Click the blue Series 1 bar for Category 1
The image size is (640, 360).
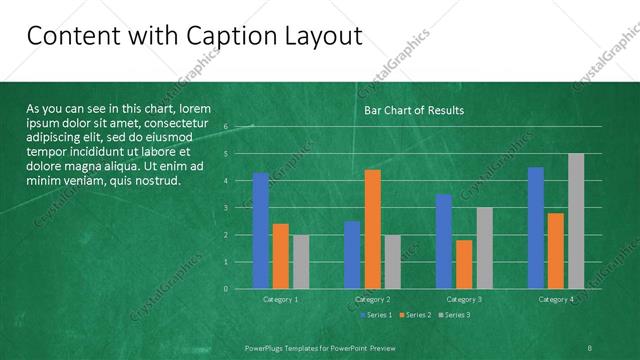click(261, 231)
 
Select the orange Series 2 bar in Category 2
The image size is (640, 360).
click(372, 229)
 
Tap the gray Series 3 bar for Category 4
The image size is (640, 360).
click(576, 221)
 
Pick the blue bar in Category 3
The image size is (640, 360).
click(444, 241)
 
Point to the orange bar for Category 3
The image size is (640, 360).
click(464, 264)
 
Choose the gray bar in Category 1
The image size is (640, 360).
click(301, 262)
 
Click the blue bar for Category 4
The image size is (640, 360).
click(536, 228)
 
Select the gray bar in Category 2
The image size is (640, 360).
click(392, 262)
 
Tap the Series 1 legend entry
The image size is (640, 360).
click(376, 315)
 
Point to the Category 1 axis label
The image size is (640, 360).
click(281, 299)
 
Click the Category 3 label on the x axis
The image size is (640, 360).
click(464, 299)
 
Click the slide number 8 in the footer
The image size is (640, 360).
click(590, 345)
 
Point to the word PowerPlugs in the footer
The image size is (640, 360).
click(269, 345)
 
